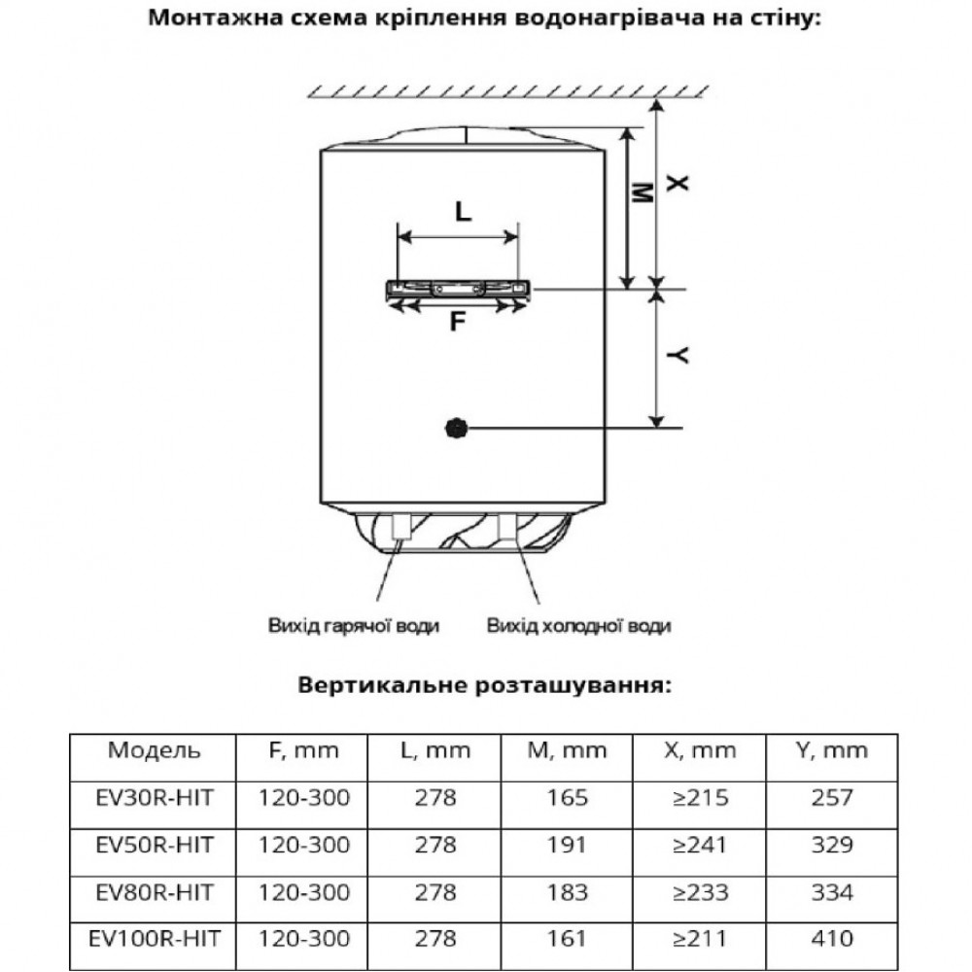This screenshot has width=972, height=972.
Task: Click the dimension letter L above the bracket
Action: (463, 211)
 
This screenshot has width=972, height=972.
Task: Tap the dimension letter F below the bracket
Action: (458, 322)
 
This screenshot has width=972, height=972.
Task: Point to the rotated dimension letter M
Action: (642, 192)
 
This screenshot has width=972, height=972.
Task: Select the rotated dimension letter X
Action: (677, 183)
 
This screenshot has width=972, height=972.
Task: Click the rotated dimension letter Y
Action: (677, 355)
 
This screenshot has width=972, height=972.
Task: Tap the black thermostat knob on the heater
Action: (457, 429)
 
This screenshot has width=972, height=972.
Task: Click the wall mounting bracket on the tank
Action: (458, 290)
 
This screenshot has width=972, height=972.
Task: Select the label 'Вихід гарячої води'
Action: (354, 626)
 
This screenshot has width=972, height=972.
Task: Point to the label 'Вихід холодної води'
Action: (578, 626)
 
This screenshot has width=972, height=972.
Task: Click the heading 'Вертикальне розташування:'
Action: (485, 685)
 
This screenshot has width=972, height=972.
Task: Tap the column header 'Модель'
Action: (154, 750)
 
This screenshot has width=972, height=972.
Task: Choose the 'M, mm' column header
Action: (567, 751)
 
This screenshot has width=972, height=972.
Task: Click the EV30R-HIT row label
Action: (155, 798)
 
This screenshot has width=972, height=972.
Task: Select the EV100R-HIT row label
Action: (155, 939)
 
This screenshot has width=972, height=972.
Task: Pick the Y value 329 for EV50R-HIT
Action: (832, 845)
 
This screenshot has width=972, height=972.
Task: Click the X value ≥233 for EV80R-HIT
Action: (700, 892)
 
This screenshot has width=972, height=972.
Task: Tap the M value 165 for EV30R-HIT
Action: (567, 798)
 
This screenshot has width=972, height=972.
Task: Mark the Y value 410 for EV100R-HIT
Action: (832, 939)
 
